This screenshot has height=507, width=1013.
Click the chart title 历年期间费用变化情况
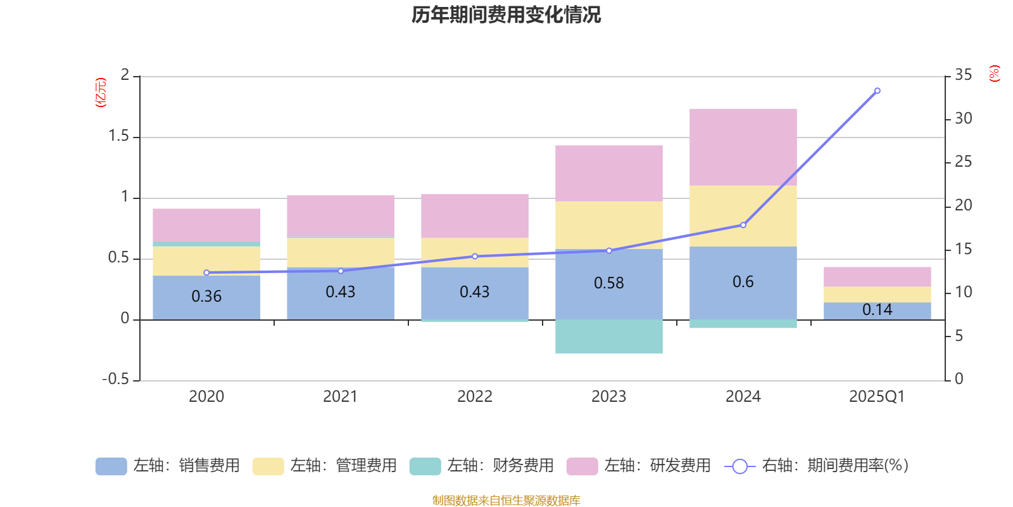(506, 15)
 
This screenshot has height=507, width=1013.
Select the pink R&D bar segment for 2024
(743, 147)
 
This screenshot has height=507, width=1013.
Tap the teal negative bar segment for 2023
(608, 337)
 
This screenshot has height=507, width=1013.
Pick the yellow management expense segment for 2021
(340, 252)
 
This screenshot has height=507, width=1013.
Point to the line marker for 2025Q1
(877, 91)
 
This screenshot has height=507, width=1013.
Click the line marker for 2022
(475, 256)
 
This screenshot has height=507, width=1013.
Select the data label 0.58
(608, 283)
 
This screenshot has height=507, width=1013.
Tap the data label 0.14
(877, 309)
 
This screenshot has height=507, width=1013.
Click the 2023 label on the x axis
(608, 396)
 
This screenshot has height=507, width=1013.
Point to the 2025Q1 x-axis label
(877, 396)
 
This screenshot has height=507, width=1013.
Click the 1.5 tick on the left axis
(118, 136)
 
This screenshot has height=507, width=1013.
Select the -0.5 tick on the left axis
(116, 379)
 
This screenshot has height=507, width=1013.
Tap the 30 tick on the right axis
(963, 119)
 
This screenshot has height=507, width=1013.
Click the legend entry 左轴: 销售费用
(168, 466)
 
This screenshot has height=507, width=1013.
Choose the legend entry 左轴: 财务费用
(481, 466)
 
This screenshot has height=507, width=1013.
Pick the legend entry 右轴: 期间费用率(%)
(817, 466)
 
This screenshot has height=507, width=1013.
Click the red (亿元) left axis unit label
(100, 93)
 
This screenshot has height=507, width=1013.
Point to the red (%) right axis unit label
(994, 74)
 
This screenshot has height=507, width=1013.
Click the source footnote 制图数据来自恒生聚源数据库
(506, 501)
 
